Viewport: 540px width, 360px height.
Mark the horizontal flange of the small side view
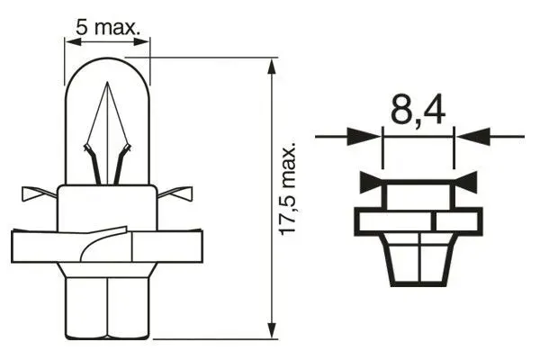[418, 220]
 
